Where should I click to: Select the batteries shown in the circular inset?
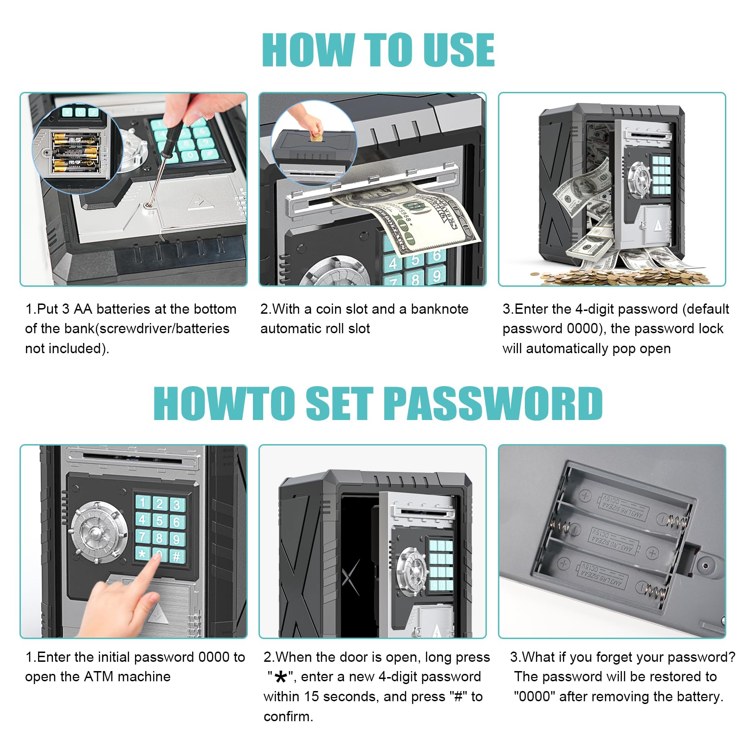click(x=75, y=152)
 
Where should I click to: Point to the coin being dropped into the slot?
click(x=316, y=137)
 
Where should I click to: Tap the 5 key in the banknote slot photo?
click(x=414, y=260)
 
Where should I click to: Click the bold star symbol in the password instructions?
click(x=280, y=678)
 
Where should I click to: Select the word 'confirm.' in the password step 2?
click(x=288, y=717)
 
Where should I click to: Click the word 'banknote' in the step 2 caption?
click(x=439, y=309)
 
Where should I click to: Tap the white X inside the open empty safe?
click(x=351, y=577)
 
